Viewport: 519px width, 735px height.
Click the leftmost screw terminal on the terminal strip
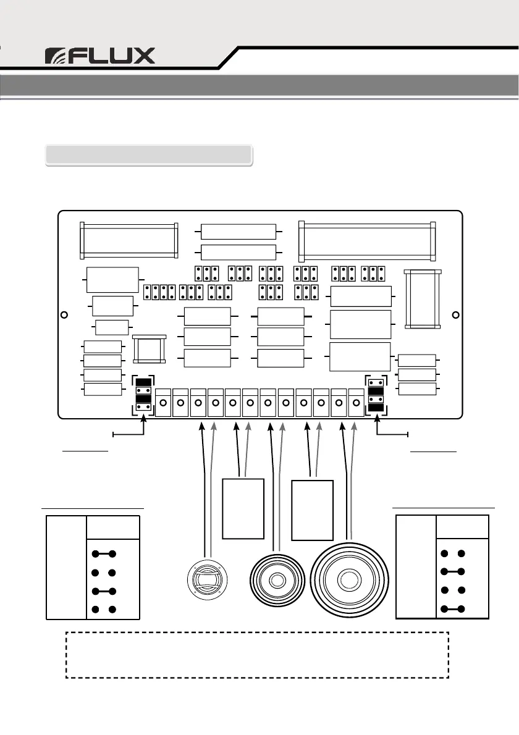(x=163, y=403)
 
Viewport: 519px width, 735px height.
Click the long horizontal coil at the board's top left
(x=129, y=240)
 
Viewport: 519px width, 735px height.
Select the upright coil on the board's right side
(x=423, y=298)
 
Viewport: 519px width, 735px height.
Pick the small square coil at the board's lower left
(x=150, y=350)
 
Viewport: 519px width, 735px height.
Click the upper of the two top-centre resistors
(x=238, y=232)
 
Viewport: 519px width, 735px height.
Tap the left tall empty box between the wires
(x=243, y=508)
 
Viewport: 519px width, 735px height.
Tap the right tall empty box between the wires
(x=313, y=508)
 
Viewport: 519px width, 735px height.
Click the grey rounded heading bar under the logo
(x=149, y=154)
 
